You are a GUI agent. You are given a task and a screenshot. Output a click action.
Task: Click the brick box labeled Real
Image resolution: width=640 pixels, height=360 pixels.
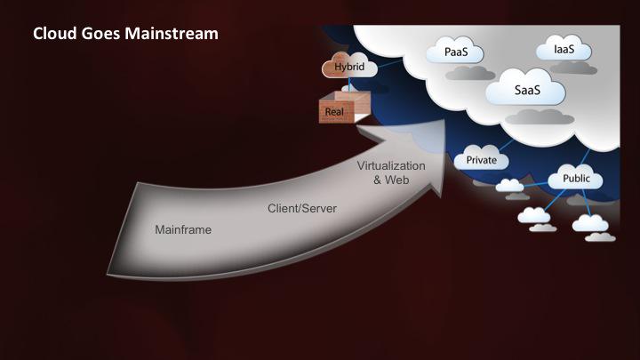(335, 111)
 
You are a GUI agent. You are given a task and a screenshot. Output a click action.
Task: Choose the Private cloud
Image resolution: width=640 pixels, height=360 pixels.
(481, 161)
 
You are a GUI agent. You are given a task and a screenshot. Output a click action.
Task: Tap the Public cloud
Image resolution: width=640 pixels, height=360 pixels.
(575, 180)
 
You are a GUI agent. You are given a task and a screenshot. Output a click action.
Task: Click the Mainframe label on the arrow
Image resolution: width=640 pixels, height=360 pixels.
(182, 229)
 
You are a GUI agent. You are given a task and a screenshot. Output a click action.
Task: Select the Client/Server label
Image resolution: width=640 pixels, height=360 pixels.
(298, 209)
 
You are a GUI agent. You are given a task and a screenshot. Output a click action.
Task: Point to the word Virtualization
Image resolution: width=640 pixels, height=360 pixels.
(391, 166)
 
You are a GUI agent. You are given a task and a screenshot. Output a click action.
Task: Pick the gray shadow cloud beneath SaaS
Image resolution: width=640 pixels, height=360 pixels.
(532, 116)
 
